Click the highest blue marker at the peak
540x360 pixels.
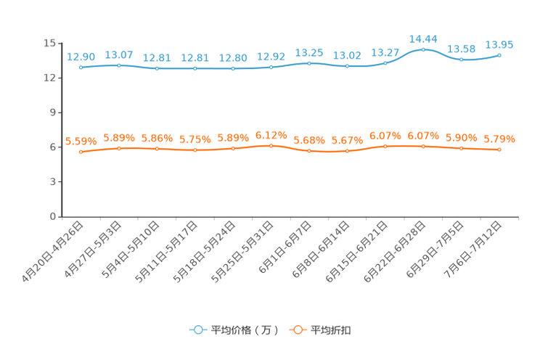point(423,49)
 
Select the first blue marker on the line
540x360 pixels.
point(81,67)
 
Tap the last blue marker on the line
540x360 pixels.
point(499,54)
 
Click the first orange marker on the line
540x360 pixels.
point(81,152)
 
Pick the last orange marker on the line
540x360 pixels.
point(499,150)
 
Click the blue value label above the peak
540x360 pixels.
point(423,38)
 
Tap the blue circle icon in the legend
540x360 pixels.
point(197,330)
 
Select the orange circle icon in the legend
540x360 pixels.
point(297,330)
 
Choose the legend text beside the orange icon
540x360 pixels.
point(332,330)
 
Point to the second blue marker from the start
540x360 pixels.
point(119,65)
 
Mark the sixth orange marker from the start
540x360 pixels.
point(271,145)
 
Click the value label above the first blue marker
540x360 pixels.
point(81,56)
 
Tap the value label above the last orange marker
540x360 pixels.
point(499,139)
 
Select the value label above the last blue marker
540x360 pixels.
point(499,44)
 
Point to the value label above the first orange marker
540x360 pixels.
point(81,141)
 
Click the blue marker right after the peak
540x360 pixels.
point(461,60)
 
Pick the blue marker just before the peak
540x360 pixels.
point(385,62)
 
